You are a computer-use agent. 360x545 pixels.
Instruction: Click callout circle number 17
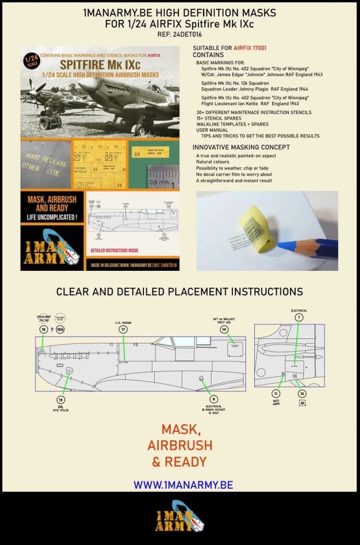coord(123,330)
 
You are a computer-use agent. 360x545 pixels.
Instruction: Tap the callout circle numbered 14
coord(224,330)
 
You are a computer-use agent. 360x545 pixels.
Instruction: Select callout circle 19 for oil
coord(61,399)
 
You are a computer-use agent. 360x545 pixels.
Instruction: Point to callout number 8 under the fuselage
coord(214,399)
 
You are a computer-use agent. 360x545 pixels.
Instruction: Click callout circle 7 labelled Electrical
coord(299,317)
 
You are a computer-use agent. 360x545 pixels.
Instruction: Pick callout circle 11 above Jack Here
coord(276,393)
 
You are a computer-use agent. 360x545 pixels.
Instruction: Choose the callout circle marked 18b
coord(61,330)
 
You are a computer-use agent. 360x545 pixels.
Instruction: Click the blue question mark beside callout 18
coord(51,330)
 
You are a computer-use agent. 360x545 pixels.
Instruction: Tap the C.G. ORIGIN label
coord(123,323)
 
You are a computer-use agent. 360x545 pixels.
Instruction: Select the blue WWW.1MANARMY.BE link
coord(183,485)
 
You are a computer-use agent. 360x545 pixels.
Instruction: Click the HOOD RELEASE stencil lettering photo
coord(46,165)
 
